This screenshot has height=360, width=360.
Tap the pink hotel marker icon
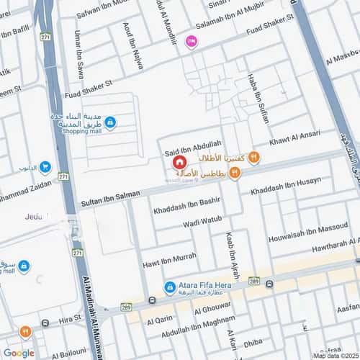tap(191, 42)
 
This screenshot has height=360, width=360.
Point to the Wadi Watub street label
tap(188, 225)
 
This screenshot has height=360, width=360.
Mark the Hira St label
tap(70, 318)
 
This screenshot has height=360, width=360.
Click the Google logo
tap(19, 352)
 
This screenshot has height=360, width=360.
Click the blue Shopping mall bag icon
tap(109, 123)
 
